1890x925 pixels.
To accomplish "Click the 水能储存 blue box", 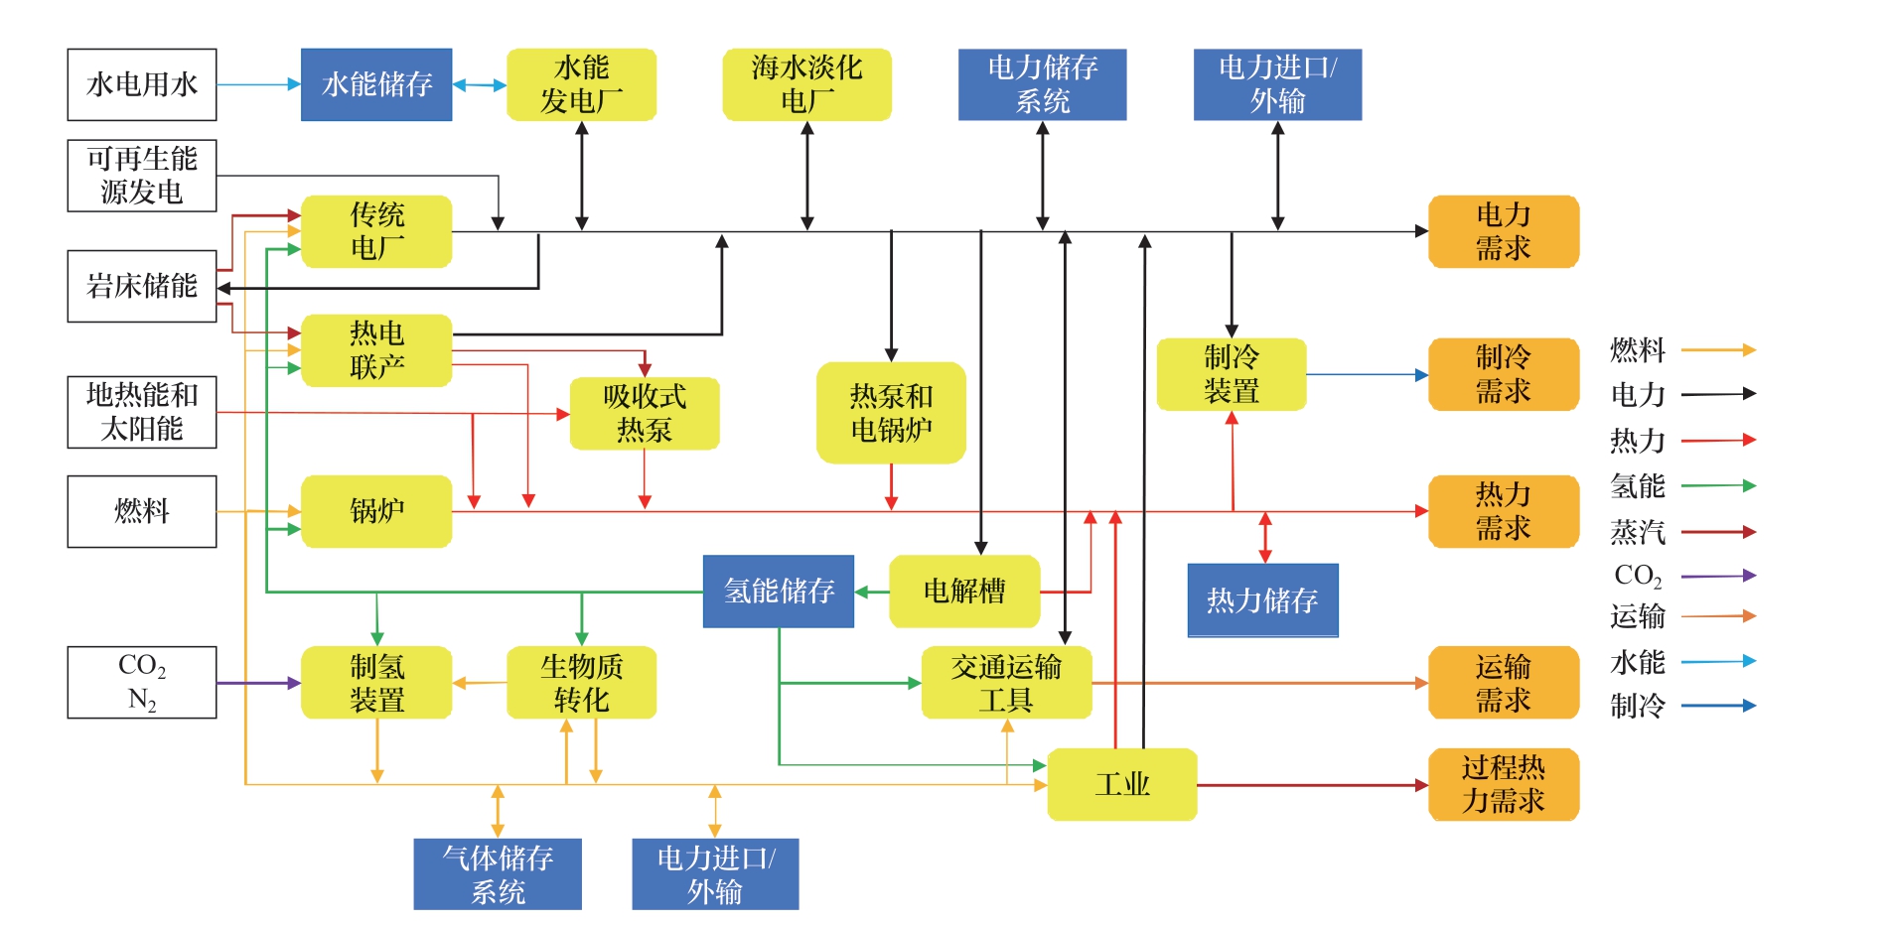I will [376, 85].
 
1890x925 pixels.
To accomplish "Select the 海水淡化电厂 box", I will [806, 85].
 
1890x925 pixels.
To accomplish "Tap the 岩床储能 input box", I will [142, 287].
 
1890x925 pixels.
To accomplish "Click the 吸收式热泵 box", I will [645, 413].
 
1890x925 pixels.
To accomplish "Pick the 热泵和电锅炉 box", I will [891, 413].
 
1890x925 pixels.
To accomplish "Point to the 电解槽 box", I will [964, 592].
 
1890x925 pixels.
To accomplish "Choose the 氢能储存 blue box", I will [779, 592].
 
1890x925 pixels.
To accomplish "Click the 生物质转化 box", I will [581, 683].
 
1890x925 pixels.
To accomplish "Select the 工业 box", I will [1122, 784].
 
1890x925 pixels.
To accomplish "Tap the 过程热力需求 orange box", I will [1503, 784].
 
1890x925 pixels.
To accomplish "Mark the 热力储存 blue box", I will [1262, 600].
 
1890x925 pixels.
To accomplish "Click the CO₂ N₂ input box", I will [142, 683].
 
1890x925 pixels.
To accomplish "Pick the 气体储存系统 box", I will [498, 874].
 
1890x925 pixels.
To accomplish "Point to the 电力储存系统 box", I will [1042, 85].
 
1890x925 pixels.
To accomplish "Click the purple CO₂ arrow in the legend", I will [1718, 576].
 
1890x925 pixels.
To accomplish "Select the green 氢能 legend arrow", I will [1718, 486].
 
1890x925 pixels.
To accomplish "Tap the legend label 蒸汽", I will [1638, 532].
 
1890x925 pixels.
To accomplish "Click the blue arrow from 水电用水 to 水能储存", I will [258, 85].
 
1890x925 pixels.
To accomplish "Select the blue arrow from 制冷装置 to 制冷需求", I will [1367, 375].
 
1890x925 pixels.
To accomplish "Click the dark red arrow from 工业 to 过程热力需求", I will [1312, 785].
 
